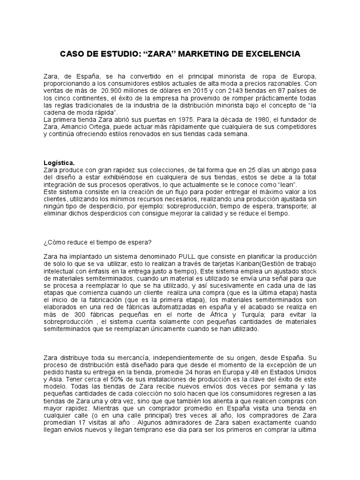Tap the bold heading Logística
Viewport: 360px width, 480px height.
pyautogui.click(x=59, y=163)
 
